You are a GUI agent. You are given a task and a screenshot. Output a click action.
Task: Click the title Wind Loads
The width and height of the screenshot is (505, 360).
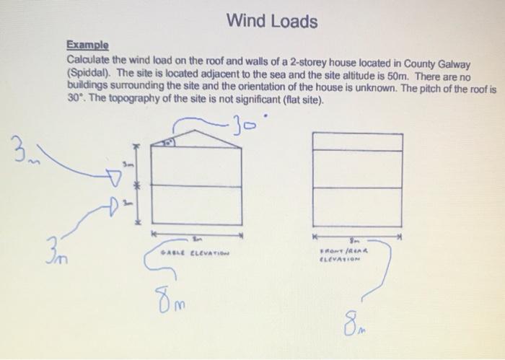tap(271, 21)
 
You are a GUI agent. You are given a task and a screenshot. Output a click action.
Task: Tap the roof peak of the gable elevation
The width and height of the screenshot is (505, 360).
tap(196, 130)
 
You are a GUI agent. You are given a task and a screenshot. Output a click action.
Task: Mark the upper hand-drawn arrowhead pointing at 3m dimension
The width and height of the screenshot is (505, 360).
tap(113, 176)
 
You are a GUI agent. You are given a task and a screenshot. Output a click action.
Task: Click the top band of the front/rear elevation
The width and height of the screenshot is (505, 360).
tap(355, 141)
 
